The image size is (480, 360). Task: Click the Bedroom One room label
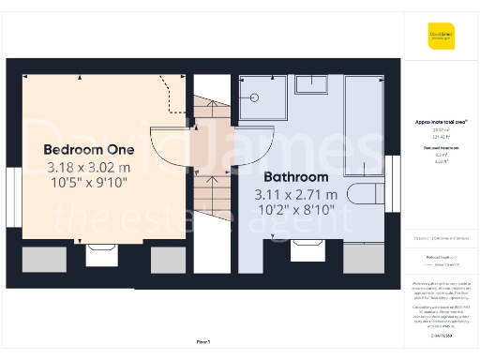click(x=89, y=149)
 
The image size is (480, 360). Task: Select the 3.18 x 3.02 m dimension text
click(x=89, y=168)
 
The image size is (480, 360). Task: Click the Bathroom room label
click(x=295, y=176)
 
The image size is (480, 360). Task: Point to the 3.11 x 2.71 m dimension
click(x=295, y=195)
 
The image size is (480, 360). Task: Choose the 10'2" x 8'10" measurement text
click(x=295, y=212)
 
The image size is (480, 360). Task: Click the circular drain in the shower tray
click(x=253, y=97)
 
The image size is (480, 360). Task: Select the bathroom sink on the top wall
click(x=311, y=84)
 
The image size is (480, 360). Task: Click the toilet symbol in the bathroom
click(x=366, y=195)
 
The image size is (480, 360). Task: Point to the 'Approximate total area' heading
click(x=440, y=122)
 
